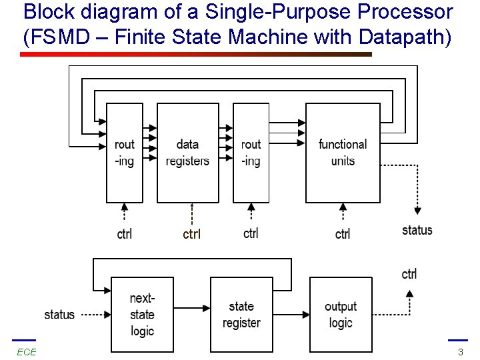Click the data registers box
(187, 153)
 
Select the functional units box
(342, 153)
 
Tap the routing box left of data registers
(125, 153)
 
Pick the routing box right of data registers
(251, 153)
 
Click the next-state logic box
(141, 315)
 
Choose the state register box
(241, 315)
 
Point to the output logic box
(341, 315)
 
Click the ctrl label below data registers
(191, 234)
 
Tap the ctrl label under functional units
(343, 234)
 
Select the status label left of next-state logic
(59, 315)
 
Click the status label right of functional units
(417, 230)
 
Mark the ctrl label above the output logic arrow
(409, 274)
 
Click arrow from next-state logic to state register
(191, 307)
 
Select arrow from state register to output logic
(291, 314)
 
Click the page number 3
(460, 352)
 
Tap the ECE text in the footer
(27, 352)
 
